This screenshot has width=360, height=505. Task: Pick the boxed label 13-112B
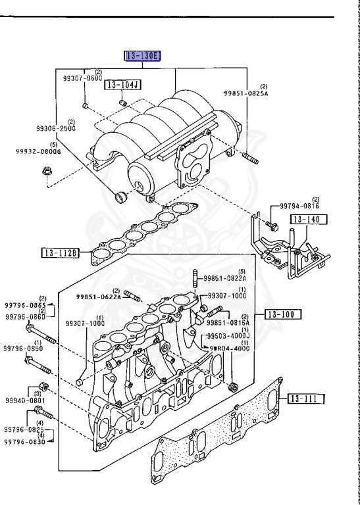61,252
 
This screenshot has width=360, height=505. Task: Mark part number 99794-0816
298,206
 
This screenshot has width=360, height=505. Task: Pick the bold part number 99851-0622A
97,297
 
